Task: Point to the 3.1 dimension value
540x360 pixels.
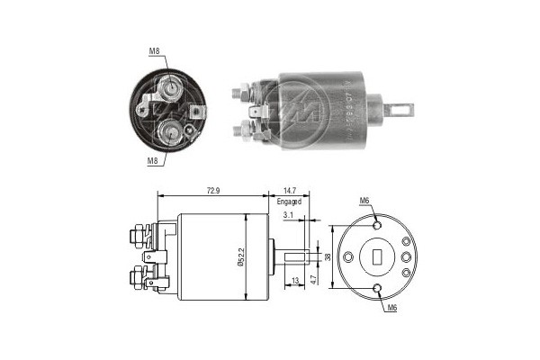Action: pyautogui.click(x=287, y=217)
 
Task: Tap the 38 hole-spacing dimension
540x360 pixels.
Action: pyautogui.click(x=328, y=257)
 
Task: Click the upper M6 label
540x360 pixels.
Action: pyautogui.click(x=364, y=200)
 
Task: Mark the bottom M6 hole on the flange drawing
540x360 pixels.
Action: pyautogui.click(x=379, y=289)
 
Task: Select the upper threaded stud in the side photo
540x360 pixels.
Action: pyautogui.click(x=241, y=92)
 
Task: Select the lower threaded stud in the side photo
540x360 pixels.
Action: pyautogui.click(x=241, y=130)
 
